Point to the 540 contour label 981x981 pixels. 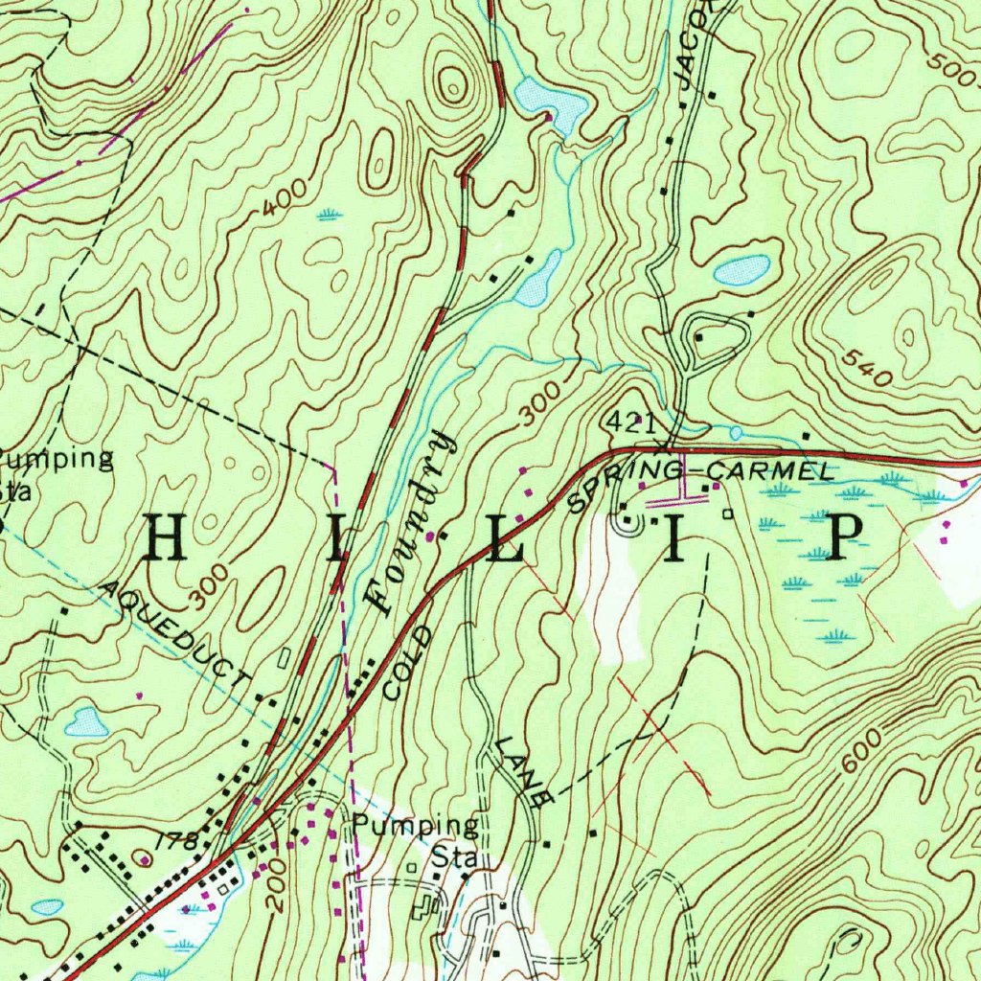[868, 369]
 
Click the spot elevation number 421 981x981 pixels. [630, 422]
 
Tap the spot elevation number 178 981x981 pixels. [179, 841]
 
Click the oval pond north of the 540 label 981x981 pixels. [741, 270]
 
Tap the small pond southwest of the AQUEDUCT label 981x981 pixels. [86, 721]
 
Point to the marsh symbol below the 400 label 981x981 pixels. [329, 214]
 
